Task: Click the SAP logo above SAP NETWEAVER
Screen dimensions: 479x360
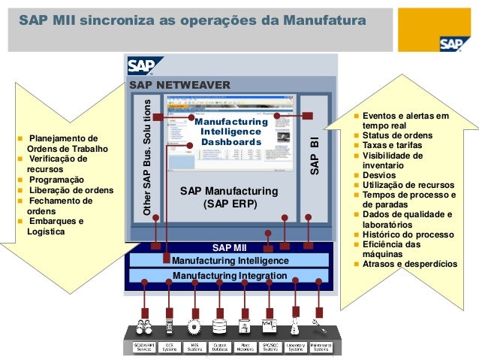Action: [140, 67]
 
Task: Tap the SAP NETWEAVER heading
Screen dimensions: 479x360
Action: [180, 85]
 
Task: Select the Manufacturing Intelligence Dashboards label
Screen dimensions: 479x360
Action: [230, 132]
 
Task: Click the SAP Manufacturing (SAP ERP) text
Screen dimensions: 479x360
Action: [229, 198]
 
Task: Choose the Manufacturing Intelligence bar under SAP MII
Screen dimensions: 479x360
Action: [229, 260]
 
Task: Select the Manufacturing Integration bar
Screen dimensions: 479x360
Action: [229, 276]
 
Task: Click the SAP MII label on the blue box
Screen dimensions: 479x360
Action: [229, 247]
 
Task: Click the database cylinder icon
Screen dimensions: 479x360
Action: [219, 327]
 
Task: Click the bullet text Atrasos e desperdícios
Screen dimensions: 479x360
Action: [409, 264]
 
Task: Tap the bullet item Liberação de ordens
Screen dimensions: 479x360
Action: [71, 190]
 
